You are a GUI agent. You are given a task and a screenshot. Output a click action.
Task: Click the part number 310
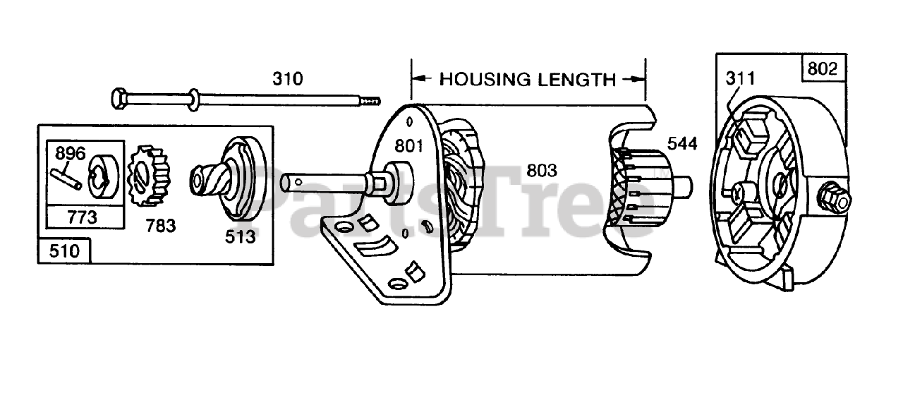288,78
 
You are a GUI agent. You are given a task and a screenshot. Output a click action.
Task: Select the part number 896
70,153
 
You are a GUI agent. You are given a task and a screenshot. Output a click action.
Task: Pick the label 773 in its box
83,217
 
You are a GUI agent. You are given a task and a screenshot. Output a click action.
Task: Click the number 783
161,226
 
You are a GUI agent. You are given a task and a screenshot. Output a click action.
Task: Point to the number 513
241,237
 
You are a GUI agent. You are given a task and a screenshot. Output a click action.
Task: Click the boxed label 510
64,251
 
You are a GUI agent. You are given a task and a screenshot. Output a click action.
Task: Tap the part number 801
408,147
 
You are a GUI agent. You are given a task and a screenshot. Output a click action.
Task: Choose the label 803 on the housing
542,170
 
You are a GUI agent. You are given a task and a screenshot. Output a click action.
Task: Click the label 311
741,78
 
